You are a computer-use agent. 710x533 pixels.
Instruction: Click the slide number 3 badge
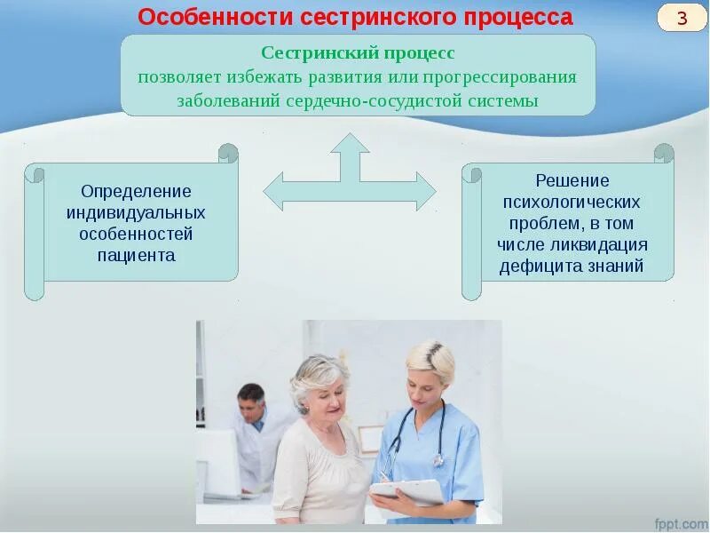tap(681, 19)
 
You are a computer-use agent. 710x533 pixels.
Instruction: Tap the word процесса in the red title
tap(519, 18)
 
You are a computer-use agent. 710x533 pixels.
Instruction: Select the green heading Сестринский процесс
tap(358, 53)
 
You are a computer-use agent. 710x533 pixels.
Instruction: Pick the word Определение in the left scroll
tap(136, 192)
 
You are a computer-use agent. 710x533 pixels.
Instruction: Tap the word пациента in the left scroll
tap(136, 256)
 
